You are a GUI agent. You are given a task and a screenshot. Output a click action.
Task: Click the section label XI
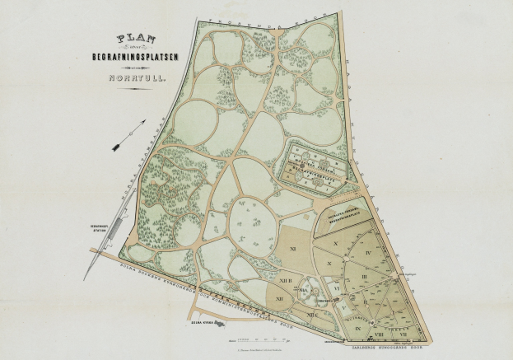click(292, 247)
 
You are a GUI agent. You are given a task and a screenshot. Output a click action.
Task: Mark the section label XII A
click(306, 290)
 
